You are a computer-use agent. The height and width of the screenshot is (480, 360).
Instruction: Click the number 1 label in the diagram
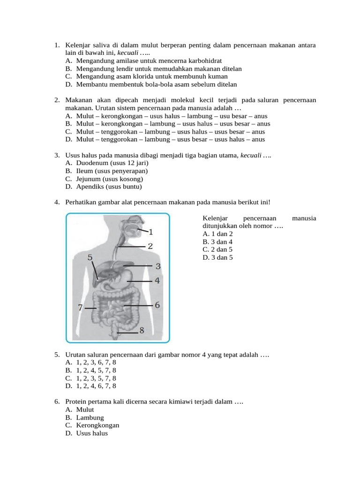coord(150,232)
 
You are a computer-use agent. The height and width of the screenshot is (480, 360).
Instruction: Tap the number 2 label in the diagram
coord(150,246)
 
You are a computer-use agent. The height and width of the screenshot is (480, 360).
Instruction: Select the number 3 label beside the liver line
coord(158,266)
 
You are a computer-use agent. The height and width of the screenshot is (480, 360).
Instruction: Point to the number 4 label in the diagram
coord(157,281)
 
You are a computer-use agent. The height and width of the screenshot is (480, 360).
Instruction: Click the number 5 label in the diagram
coord(90,257)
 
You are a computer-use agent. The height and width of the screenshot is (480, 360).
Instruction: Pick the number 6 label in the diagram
coord(157,305)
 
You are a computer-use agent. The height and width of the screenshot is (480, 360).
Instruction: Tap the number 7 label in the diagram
coord(81,308)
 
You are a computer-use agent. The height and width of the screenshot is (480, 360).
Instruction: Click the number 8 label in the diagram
coord(141,330)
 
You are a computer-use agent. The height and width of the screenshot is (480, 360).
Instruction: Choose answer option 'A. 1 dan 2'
coord(218,234)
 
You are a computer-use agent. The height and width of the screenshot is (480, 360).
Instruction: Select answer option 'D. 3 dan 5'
coord(218,257)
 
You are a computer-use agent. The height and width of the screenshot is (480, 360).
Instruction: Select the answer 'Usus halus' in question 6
coord(91,434)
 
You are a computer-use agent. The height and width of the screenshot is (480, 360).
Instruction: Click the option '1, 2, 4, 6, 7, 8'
coord(96,386)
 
